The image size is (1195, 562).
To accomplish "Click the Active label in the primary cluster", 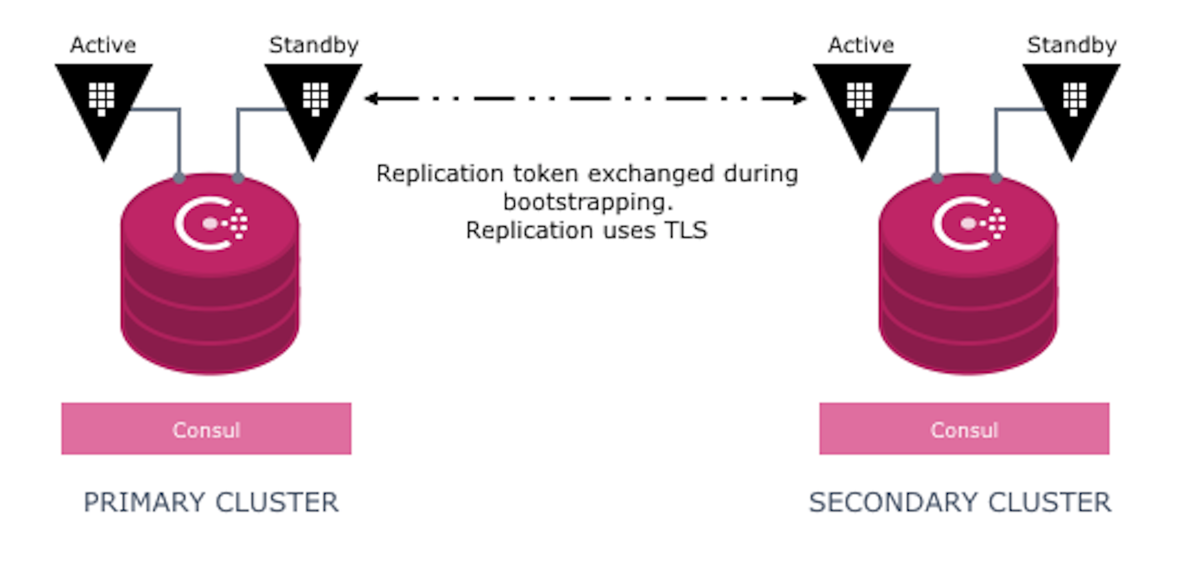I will [103, 45].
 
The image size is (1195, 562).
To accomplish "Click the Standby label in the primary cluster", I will [314, 45].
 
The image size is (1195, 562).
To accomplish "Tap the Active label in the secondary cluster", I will [861, 45].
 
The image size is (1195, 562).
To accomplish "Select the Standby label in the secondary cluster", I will [1072, 45].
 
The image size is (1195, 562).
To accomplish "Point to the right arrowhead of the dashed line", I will [800, 99].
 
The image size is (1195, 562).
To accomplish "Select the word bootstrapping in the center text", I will [588, 202].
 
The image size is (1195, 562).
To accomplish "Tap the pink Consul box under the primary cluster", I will [206, 429].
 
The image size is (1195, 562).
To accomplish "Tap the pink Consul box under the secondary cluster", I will [964, 429].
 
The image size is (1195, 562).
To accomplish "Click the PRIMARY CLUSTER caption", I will [211, 503].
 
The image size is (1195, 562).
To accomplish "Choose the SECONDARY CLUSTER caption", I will [960, 503].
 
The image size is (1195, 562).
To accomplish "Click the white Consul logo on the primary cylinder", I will [211, 223].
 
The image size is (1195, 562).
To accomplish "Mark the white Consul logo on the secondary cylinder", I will [969, 223].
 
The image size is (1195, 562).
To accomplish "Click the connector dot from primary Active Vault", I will [179, 178].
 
